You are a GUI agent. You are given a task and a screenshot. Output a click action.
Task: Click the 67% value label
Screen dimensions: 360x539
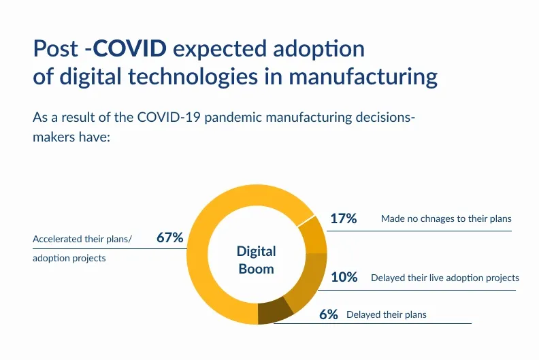coord(170,238)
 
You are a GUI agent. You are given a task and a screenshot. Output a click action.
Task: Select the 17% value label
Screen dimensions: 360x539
coord(344,218)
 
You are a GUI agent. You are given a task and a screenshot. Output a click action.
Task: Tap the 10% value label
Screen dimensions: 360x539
coord(344,277)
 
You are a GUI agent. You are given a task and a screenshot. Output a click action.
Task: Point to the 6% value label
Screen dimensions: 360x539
coord(329,314)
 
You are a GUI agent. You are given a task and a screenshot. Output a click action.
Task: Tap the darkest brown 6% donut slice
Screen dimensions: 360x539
coord(275,311)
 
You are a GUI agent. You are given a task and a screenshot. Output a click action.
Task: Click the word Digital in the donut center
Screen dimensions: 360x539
coord(256,252)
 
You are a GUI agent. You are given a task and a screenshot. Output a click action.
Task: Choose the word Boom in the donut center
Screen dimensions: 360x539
coord(256,269)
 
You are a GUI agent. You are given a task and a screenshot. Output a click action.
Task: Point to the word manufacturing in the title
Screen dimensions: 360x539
coord(363,76)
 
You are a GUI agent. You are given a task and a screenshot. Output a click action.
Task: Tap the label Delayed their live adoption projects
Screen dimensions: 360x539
coord(445,278)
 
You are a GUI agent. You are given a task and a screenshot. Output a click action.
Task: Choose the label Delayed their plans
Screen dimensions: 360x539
coord(387,315)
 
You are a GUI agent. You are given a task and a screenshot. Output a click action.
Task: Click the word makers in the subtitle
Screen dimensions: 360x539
coord(52,137)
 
